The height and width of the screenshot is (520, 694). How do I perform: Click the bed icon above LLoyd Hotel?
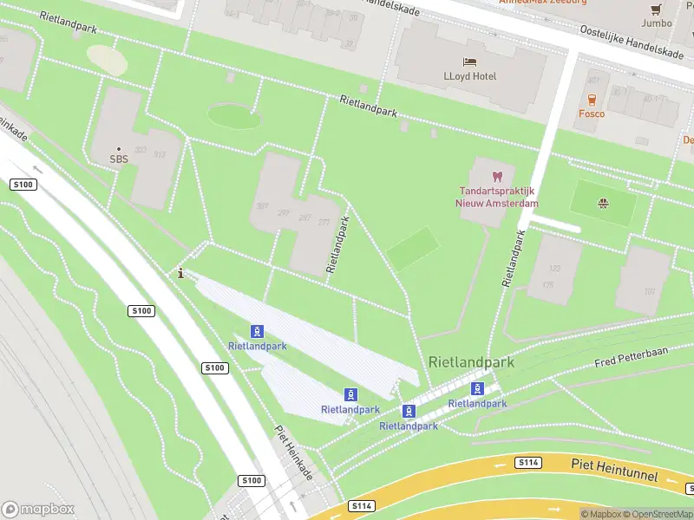[x=469, y=62]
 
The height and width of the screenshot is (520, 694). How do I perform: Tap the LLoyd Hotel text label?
[x=469, y=76]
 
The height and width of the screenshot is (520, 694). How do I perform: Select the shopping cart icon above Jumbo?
[x=656, y=10]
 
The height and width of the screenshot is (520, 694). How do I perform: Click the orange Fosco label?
[x=592, y=114]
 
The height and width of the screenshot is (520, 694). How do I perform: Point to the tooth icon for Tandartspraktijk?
[x=497, y=177]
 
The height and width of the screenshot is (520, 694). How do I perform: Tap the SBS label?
[x=118, y=159]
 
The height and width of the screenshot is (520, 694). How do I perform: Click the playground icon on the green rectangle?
[x=602, y=204]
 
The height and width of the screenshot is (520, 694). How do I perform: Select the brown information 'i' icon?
[x=180, y=274]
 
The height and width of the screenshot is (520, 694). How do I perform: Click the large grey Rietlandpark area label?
[x=471, y=362]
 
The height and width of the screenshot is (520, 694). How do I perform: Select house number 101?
[x=649, y=292]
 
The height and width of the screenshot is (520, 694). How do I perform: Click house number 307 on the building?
[x=262, y=206]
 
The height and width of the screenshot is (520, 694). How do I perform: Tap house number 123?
[x=548, y=269]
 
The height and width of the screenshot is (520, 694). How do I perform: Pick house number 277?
[x=324, y=222]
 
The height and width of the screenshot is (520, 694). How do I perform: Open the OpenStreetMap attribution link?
[x=659, y=514]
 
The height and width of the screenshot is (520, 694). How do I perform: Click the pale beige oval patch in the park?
[x=107, y=59]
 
